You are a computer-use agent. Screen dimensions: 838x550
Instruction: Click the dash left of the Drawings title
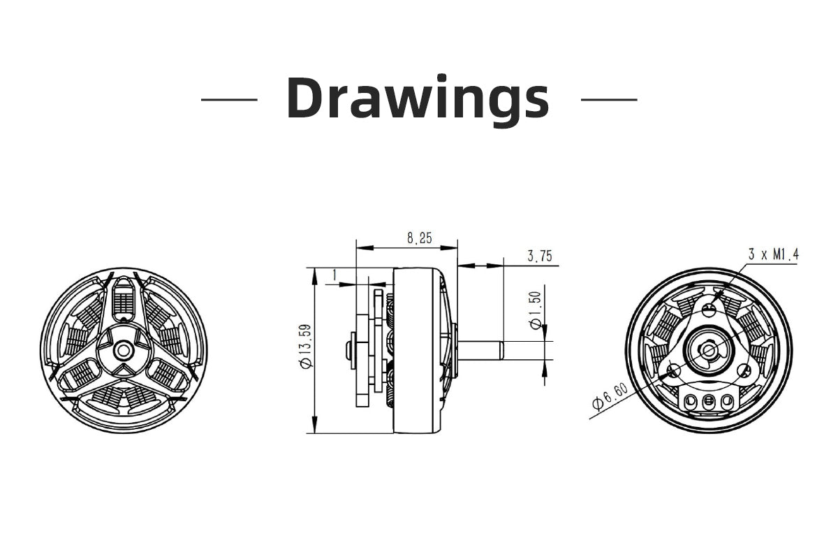click(x=229, y=100)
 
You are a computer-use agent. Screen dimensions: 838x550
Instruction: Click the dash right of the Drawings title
click(x=609, y=100)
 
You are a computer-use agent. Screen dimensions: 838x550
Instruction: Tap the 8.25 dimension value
click(x=420, y=238)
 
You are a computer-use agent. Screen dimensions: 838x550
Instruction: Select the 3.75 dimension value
click(x=540, y=256)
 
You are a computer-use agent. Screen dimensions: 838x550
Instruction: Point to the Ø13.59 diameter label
click(x=306, y=347)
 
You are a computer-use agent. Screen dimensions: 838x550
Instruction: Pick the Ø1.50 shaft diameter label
click(x=536, y=310)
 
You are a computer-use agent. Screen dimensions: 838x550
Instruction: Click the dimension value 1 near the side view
click(x=335, y=275)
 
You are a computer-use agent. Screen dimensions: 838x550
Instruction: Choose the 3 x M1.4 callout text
click(x=773, y=254)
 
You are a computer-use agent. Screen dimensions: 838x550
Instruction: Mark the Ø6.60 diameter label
click(x=610, y=397)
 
